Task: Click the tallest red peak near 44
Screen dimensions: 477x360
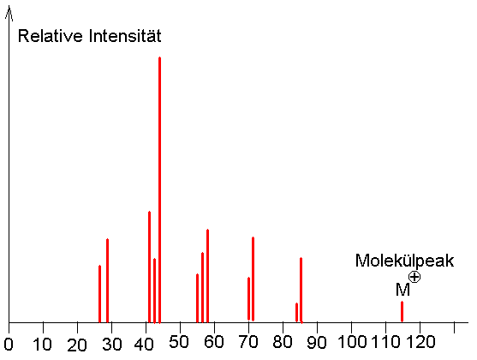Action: click(159, 189)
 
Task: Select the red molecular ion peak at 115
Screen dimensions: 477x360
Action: click(402, 311)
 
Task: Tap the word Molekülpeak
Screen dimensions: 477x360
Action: click(404, 261)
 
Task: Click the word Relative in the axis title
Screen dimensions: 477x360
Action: click(51, 36)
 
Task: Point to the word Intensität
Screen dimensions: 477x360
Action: click(125, 36)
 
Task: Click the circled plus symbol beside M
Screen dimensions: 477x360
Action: click(414, 277)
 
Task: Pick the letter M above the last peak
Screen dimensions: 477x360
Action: click(402, 290)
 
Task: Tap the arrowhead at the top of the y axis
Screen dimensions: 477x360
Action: click(9, 13)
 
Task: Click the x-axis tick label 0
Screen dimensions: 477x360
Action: click(9, 345)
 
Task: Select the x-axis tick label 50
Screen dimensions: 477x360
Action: click(179, 342)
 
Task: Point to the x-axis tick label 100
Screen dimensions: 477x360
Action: click(352, 342)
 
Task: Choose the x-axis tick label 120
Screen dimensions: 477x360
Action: click(421, 342)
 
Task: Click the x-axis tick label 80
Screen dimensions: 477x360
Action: click(283, 342)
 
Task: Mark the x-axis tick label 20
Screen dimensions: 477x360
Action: click(77, 345)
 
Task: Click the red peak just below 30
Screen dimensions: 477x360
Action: click(107, 280)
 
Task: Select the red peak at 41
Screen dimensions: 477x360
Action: click(149, 267)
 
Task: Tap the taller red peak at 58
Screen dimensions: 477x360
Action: click(207, 276)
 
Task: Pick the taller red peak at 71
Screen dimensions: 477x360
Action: click(253, 279)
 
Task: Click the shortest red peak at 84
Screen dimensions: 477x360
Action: click(296, 312)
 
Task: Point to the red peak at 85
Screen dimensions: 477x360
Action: click(301, 291)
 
